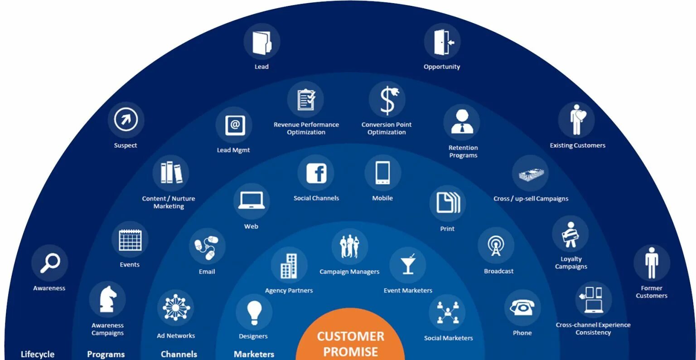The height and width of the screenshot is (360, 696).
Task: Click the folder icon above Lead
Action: point(261,42)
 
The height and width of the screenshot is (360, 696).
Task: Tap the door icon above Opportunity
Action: point(442,42)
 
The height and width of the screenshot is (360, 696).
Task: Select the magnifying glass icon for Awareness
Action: point(49,263)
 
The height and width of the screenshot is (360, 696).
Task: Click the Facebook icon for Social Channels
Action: point(316,173)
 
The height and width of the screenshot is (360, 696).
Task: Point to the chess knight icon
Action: point(107,299)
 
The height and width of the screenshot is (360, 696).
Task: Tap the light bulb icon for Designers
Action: point(254,312)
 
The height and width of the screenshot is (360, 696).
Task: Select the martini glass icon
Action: point(407,265)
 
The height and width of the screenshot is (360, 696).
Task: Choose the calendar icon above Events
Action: point(130,240)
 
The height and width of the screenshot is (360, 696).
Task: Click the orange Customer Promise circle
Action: point(350,338)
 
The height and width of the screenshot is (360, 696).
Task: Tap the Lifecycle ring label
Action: point(38,354)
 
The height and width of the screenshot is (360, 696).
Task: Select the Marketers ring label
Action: point(254,354)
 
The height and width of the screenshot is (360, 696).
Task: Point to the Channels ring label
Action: point(179,354)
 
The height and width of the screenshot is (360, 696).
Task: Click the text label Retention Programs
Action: point(463,151)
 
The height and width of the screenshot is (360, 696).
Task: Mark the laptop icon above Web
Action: point(251,201)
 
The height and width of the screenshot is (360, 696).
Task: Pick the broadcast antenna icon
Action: point(496,246)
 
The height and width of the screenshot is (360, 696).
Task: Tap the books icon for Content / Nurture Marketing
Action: point(171,173)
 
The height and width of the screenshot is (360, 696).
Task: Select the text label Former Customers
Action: point(651,292)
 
